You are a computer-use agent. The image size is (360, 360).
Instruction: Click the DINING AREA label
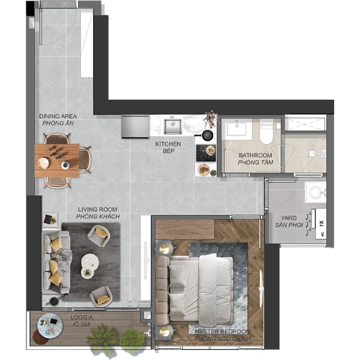(x=58, y=116)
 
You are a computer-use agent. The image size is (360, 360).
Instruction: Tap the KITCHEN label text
(x=168, y=144)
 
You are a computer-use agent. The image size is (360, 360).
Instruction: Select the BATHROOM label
(x=256, y=155)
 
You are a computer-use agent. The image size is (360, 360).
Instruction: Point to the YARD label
(x=289, y=218)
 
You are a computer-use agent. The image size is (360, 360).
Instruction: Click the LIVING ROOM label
(x=98, y=209)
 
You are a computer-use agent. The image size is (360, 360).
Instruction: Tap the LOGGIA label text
(x=82, y=317)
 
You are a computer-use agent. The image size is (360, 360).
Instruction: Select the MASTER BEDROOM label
(x=223, y=332)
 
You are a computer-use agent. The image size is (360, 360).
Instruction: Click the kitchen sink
(x=173, y=127)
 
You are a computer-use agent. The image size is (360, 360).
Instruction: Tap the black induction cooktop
(x=206, y=152)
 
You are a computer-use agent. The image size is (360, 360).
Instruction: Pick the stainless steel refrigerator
(x=135, y=127)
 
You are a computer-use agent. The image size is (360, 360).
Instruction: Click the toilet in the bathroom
(x=266, y=131)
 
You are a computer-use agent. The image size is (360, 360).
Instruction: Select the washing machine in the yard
(x=316, y=193)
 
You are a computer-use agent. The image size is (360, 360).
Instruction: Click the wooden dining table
(x=57, y=160)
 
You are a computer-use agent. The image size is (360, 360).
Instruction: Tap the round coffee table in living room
(x=90, y=266)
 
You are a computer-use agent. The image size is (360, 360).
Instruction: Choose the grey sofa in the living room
(x=56, y=262)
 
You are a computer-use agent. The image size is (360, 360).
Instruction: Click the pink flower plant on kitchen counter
(x=211, y=119)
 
